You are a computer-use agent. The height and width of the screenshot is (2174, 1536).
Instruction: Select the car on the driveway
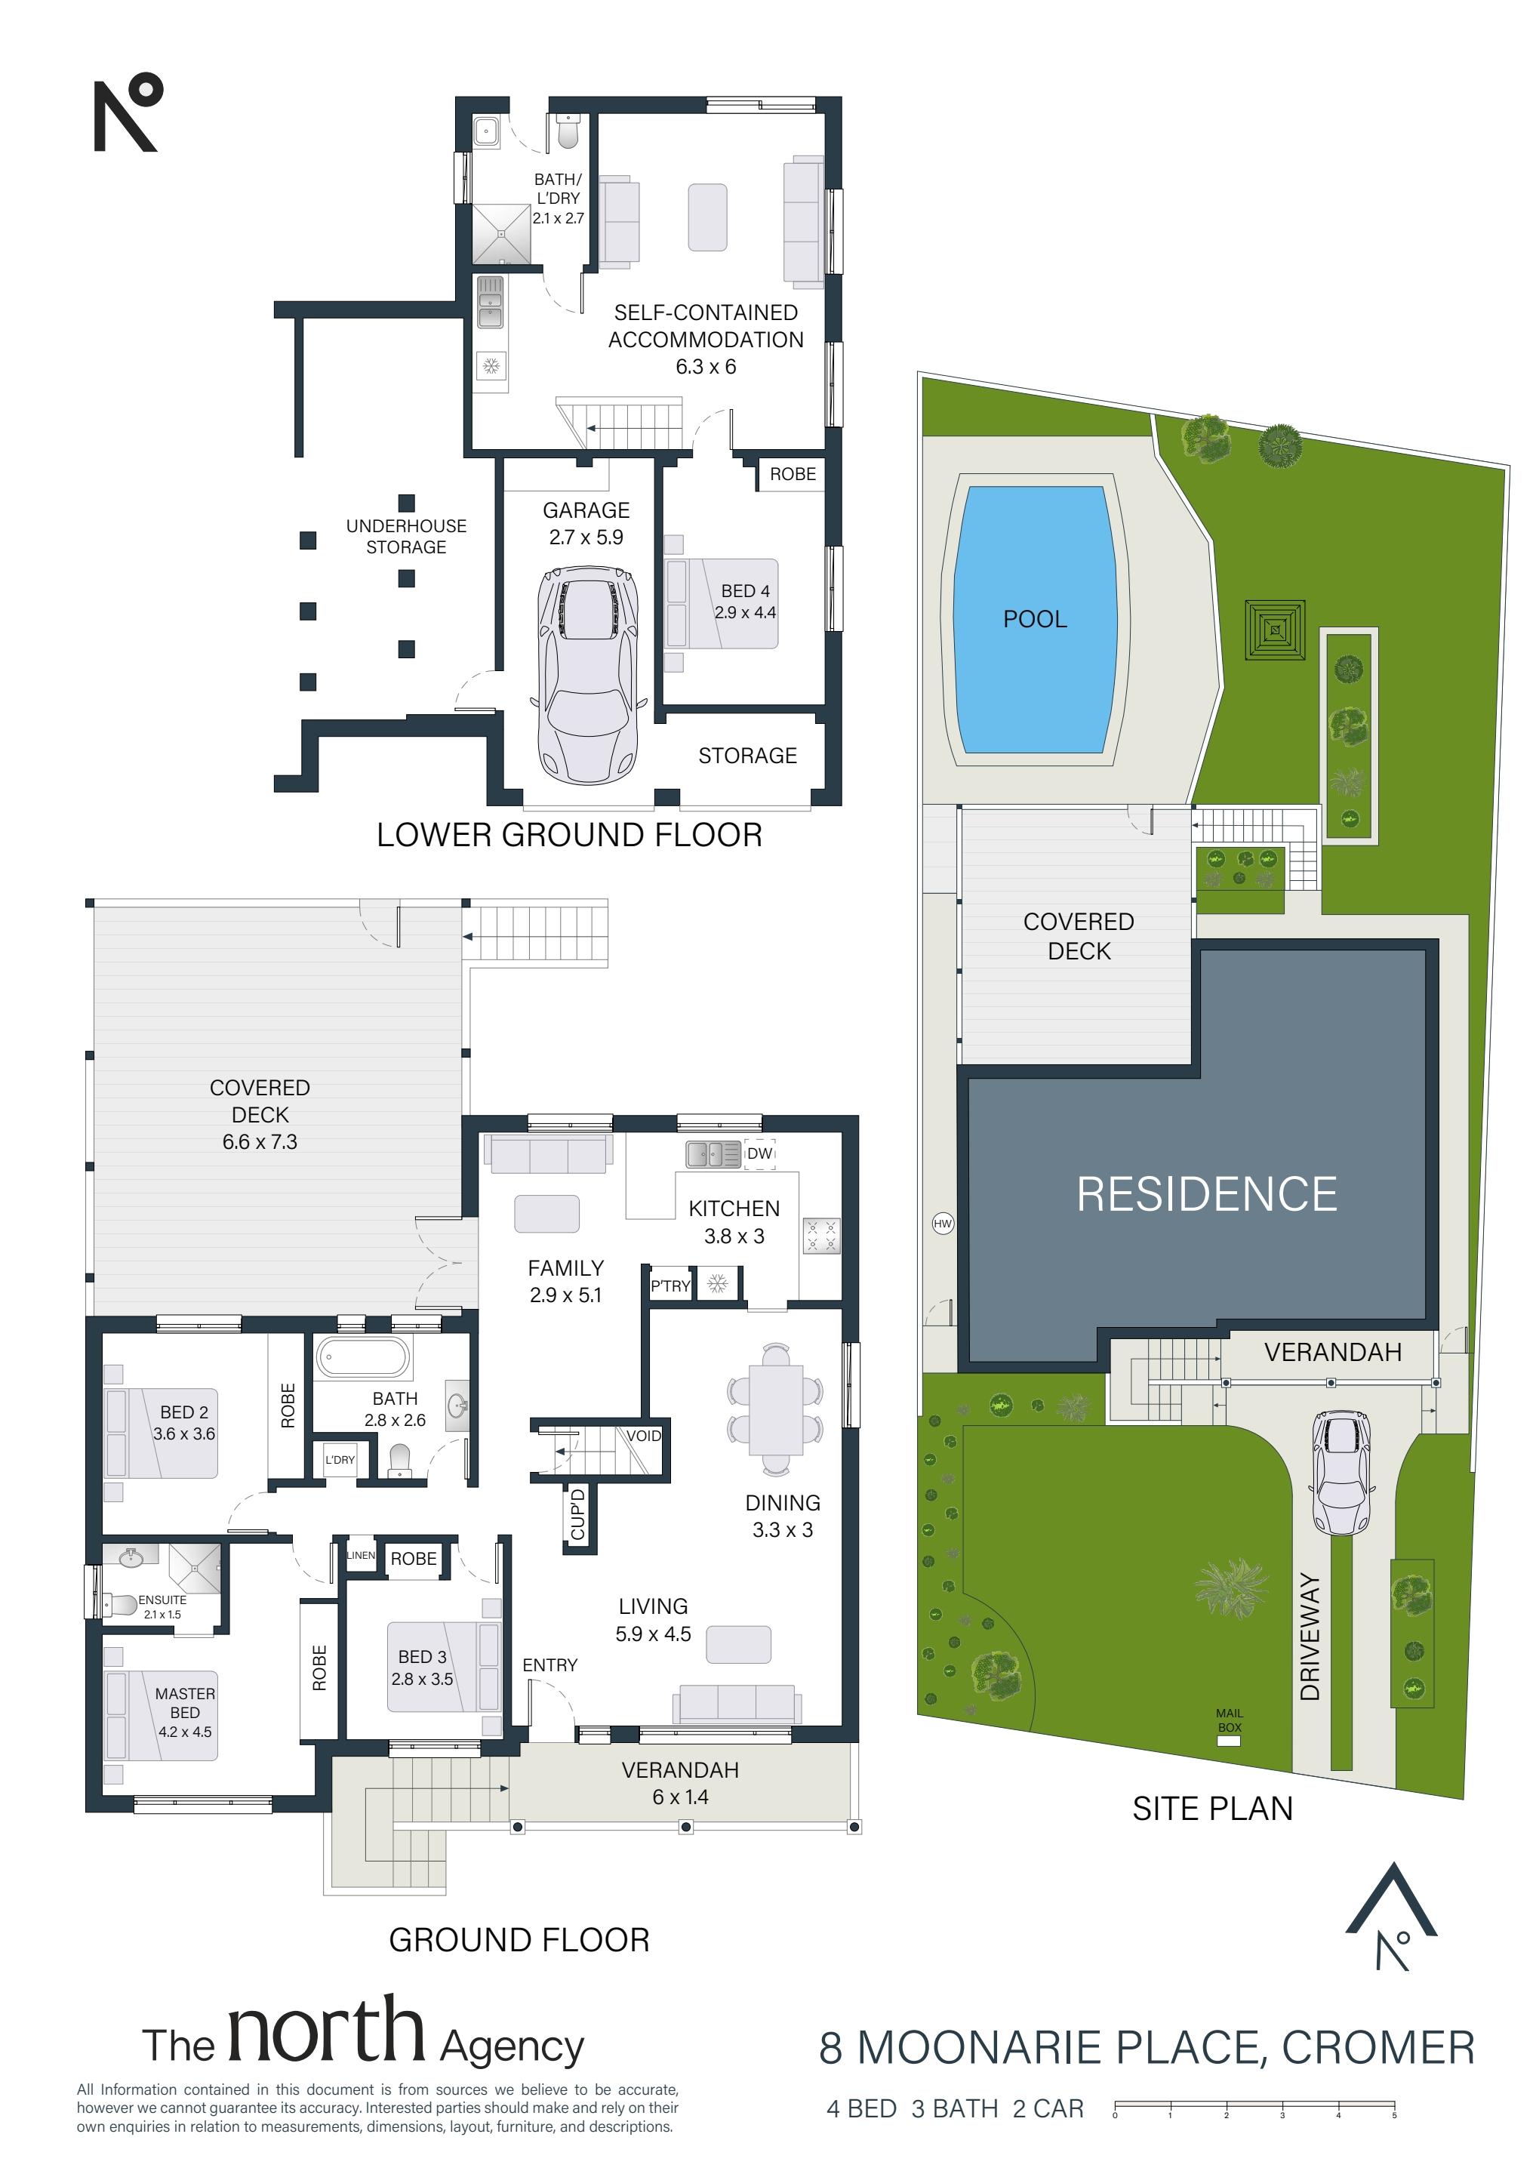pos(1342,1473)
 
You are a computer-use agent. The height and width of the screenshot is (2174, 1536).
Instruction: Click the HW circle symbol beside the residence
pos(942,1224)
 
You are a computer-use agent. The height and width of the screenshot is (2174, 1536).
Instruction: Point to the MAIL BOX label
pos(1230,1720)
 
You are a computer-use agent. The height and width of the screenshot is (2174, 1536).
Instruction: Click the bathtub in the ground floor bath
pos(363,1356)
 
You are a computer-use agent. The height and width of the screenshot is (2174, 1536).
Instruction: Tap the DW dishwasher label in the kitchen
pos(759,1153)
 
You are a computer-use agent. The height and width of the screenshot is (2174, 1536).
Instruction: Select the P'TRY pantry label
pos(670,1286)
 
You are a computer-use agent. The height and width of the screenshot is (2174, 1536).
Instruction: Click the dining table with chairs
pos(776,1409)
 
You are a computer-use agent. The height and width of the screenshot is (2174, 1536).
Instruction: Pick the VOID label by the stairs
pos(644,1436)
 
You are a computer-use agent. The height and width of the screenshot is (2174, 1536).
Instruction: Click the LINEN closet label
pos(361,1555)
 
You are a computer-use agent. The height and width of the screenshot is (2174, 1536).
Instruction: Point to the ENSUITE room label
pos(162,1600)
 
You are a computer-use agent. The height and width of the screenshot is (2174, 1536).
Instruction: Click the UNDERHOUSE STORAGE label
pos(406,536)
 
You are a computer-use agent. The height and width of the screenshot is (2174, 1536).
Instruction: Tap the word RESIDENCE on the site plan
pos(1206,1195)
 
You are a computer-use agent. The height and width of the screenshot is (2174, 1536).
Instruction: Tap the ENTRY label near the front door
pos(549,1664)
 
